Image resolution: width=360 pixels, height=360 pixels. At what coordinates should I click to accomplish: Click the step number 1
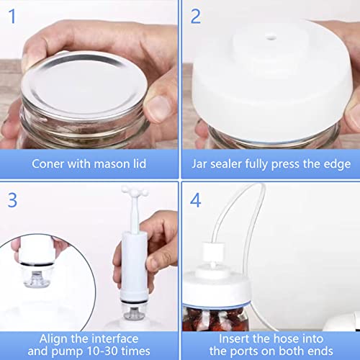12,17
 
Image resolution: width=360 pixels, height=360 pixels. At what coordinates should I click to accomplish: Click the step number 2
195,17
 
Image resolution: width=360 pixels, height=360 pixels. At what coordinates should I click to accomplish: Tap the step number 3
12,200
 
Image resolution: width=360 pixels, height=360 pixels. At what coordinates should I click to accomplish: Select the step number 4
195,200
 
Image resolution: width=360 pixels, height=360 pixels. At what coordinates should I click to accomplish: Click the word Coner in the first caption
48,164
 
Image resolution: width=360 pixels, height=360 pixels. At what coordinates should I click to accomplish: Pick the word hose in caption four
285,339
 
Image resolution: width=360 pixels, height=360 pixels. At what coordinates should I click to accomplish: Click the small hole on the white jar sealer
271,37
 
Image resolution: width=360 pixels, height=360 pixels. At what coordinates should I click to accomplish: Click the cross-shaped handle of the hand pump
135,192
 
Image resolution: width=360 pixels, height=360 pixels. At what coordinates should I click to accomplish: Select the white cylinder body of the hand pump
134,265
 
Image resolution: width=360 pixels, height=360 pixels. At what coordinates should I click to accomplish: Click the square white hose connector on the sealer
213,251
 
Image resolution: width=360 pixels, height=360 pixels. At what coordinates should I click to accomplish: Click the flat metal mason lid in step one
84,84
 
